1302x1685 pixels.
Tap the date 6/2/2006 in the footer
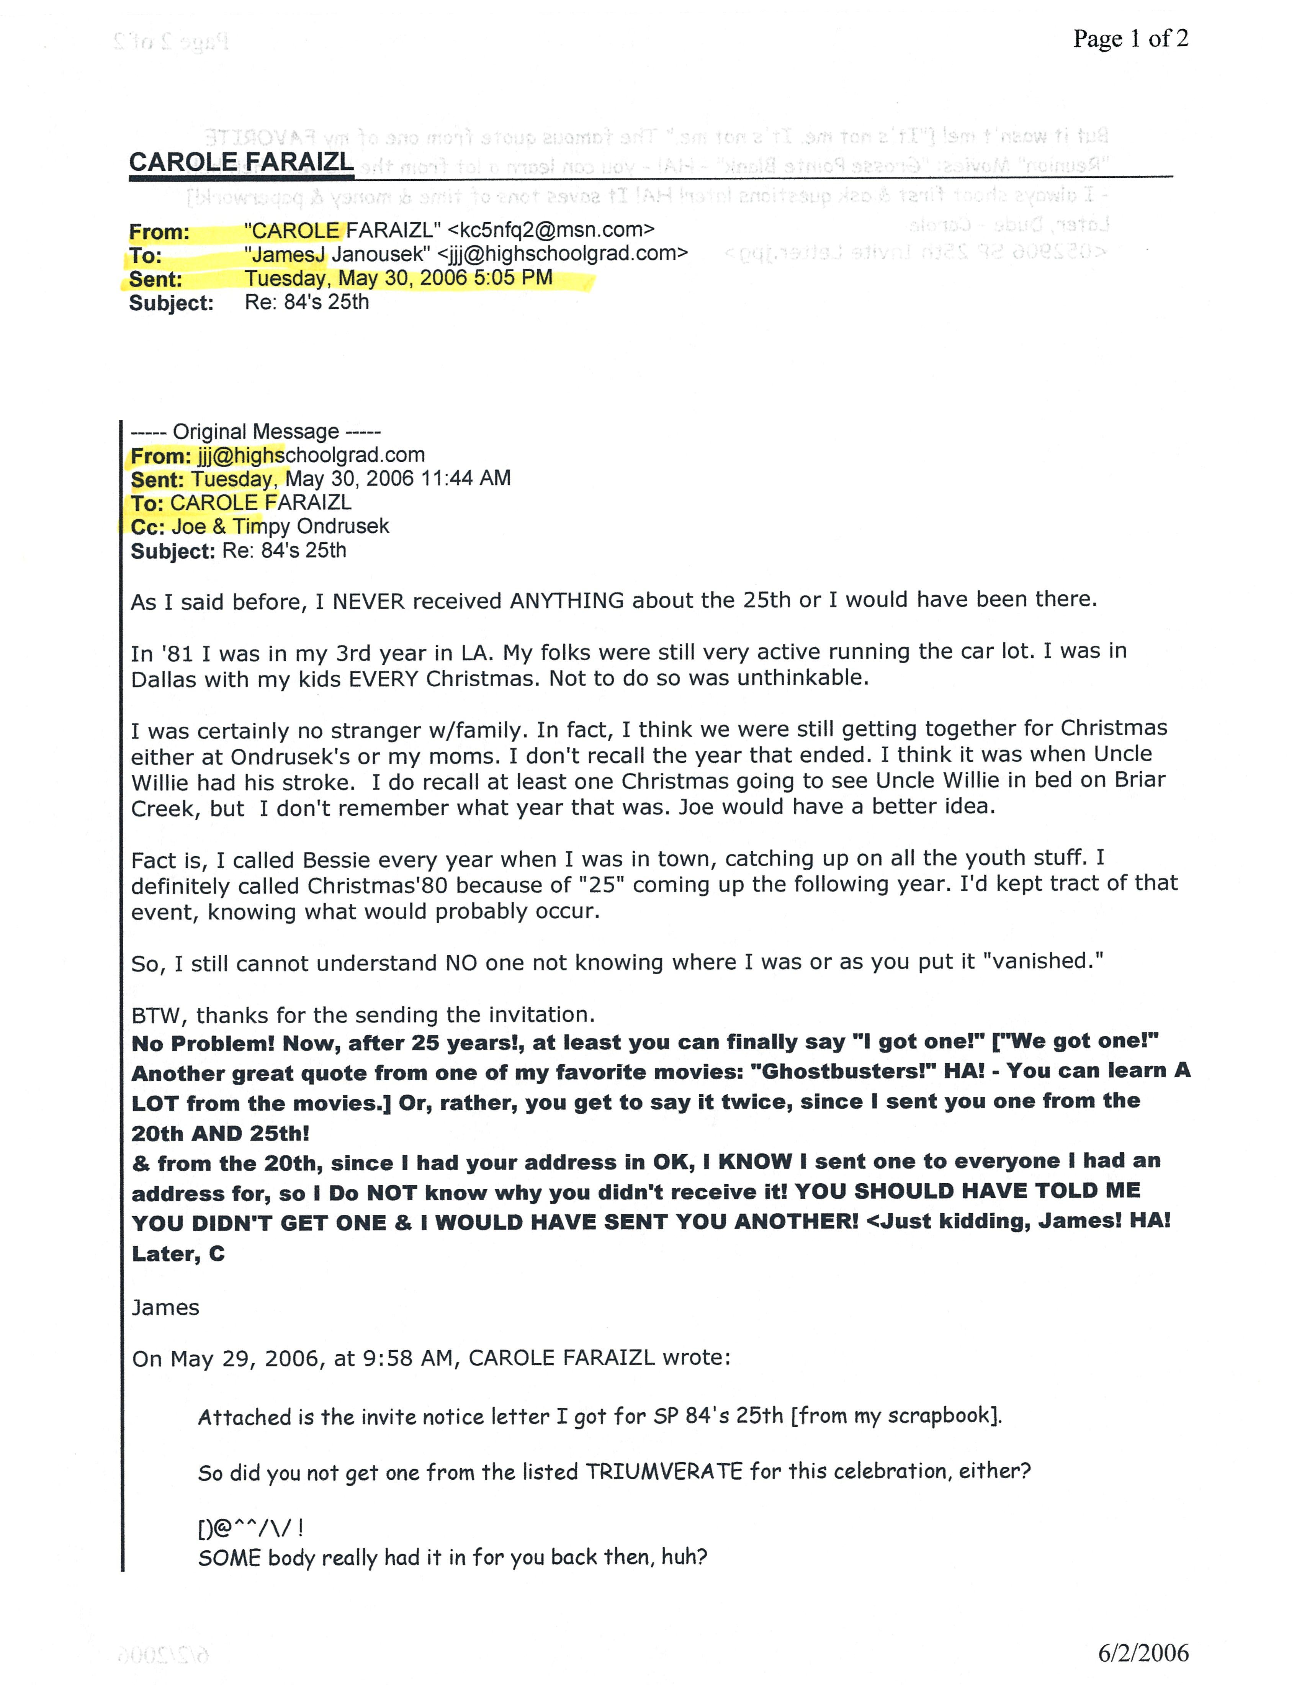(1143, 1652)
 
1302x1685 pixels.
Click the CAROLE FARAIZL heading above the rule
(240, 162)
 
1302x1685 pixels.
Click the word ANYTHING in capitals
(567, 600)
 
